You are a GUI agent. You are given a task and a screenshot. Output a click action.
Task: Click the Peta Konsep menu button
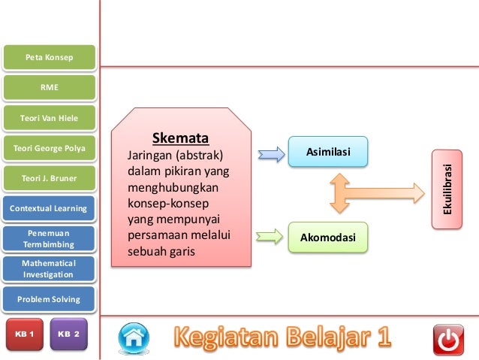[50, 57]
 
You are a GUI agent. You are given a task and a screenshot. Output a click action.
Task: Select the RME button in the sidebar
[50, 87]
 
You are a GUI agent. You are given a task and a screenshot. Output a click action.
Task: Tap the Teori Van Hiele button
[50, 118]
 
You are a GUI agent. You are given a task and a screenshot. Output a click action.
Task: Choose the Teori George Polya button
[50, 148]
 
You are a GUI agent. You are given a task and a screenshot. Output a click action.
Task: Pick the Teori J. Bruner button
[50, 178]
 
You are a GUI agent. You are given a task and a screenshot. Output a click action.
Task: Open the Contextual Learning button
[50, 208]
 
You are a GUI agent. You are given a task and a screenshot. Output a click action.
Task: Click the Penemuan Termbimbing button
[50, 239]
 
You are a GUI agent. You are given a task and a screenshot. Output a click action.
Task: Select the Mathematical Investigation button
[50, 269]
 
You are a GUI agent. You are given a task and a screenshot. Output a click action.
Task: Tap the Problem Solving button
[50, 299]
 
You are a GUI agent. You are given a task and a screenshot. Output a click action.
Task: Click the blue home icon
[133, 338]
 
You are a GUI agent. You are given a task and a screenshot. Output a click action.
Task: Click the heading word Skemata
[180, 138]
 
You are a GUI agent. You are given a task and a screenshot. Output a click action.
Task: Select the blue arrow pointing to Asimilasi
[269, 153]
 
